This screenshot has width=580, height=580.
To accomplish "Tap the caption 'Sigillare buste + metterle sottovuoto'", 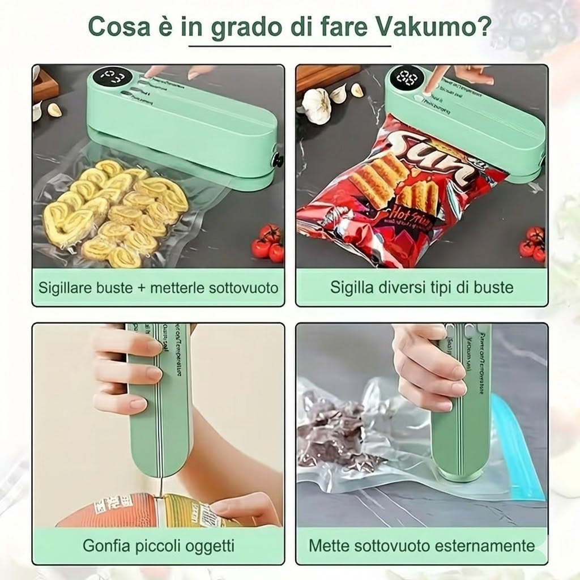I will pyautogui.click(x=158, y=288).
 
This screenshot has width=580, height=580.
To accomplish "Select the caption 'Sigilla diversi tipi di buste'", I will pyautogui.click(x=422, y=288).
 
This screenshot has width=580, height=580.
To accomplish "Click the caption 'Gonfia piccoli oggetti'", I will pyautogui.click(x=158, y=546).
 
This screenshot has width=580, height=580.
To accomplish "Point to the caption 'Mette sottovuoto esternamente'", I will pyautogui.click(x=422, y=546).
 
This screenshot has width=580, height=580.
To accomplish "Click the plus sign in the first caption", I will pyautogui.click(x=142, y=288).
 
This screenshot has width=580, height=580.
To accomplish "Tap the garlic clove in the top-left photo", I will pyautogui.click(x=54, y=110).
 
